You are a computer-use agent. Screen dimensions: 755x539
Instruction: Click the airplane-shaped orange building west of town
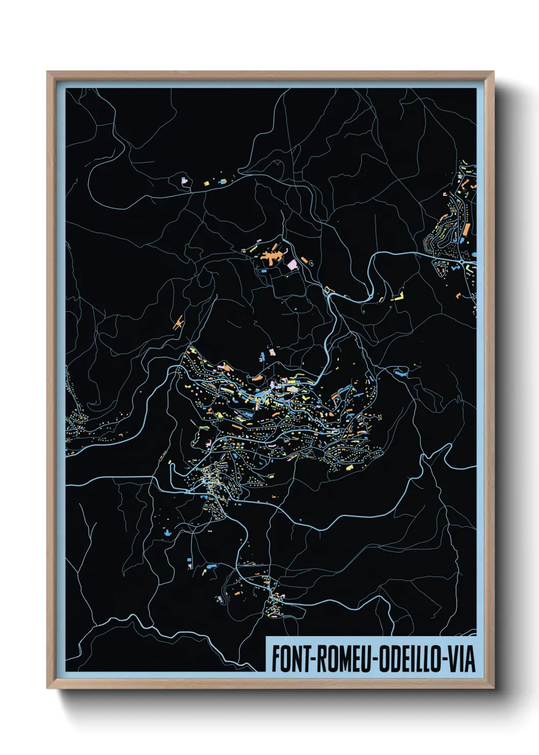(178, 322)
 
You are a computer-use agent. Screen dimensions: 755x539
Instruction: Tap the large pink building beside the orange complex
(292, 264)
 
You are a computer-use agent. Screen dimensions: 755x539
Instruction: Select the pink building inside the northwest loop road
(184, 180)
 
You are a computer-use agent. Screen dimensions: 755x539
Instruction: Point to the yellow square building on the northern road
(207, 183)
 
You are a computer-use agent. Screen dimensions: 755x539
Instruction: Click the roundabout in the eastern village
(461, 262)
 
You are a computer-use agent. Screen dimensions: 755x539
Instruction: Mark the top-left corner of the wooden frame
(47, 72)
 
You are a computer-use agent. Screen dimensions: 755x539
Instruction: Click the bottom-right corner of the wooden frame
(494, 688)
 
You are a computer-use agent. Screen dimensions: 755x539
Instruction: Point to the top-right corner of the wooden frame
(494, 72)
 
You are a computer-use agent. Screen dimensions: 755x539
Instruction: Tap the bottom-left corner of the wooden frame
(47, 688)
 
